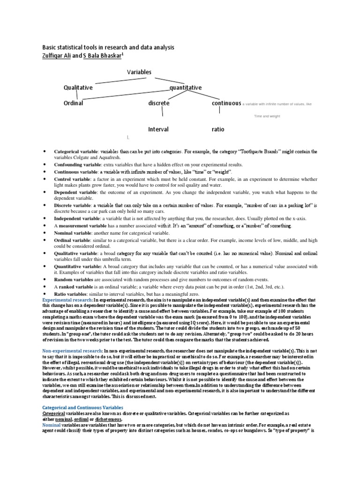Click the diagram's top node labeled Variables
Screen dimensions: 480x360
coord(139,72)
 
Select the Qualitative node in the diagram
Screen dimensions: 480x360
coord(78,88)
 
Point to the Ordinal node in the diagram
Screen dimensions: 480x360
coord(74,103)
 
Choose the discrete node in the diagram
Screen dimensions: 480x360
coord(159,103)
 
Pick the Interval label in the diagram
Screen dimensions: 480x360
coord(158,129)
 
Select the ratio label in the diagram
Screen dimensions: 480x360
coord(218,129)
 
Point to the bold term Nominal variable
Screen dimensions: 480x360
coord(73,233)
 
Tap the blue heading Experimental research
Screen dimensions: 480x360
coord(67,300)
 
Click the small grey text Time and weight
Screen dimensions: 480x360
coord(267,116)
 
